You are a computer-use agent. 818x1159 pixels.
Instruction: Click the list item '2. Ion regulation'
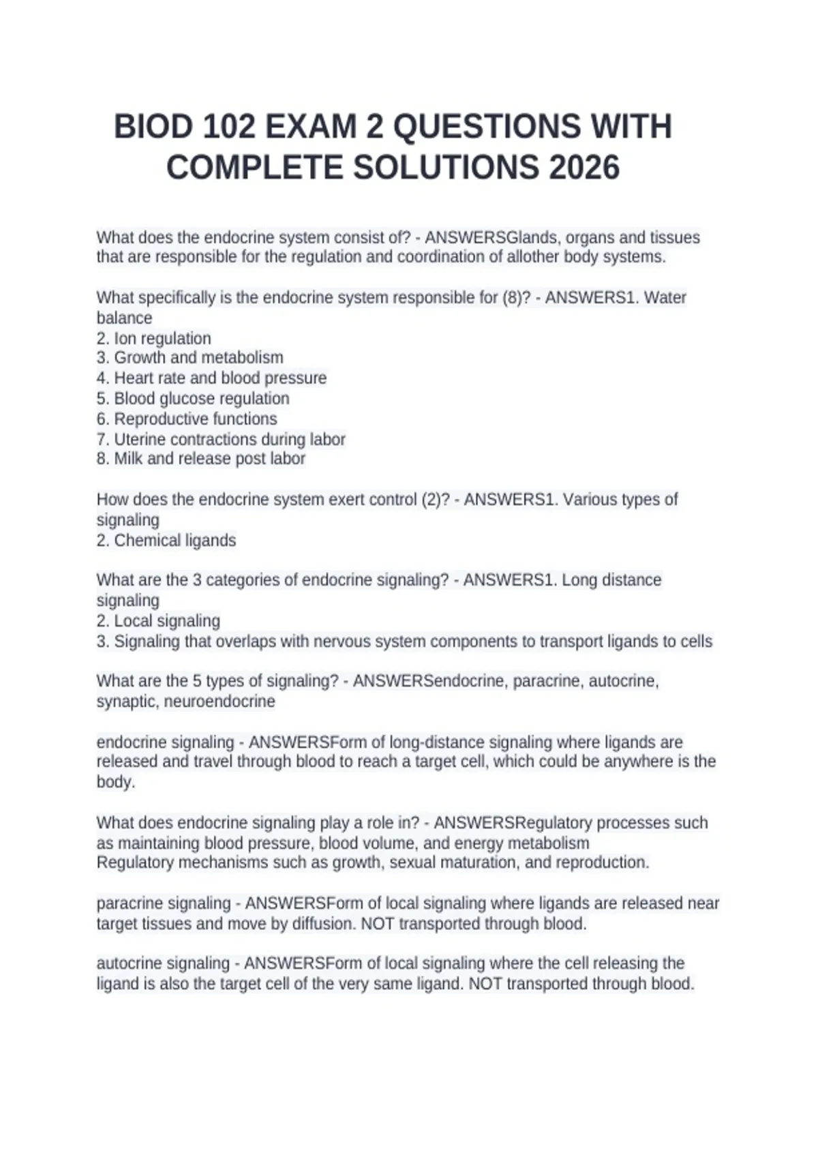[x=154, y=338]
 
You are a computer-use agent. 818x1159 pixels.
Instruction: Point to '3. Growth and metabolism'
[x=190, y=357]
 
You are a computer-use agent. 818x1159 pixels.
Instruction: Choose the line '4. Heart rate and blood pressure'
[x=211, y=378]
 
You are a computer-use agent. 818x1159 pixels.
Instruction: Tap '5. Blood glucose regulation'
[x=193, y=398]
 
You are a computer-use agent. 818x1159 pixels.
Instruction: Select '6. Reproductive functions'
[x=187, y=419]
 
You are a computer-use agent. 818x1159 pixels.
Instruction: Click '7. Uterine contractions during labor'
[x=221, y=439]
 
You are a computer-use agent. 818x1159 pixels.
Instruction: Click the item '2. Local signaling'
[x=158, y=620]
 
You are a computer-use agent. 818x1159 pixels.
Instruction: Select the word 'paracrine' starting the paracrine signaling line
[x=129, y=903]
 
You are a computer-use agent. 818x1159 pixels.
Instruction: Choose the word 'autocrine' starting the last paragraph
[x=129, y=963]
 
